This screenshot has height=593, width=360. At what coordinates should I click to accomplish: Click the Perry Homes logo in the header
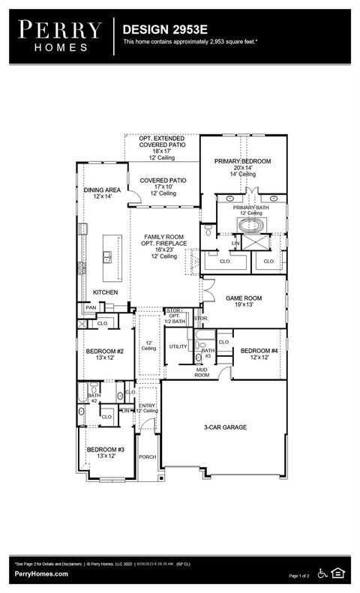point(59,34)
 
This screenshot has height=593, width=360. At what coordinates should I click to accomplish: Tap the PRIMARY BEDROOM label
point(242,161)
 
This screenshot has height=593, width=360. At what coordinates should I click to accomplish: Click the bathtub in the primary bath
point(251,225)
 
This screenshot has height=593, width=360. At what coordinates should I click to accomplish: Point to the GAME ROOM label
point(244,298)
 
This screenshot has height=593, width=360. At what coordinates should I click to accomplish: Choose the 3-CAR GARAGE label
point(225,427)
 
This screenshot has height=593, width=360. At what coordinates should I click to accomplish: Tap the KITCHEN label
point(105,292)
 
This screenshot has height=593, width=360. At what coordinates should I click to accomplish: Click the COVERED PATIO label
point(163,181)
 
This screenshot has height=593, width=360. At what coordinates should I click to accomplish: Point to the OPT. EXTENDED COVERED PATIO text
point(162,142)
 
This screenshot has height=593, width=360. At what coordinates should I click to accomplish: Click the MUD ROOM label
point(202,372)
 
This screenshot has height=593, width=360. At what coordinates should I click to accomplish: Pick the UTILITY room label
point(178,346)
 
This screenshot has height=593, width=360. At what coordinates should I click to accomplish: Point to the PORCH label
point(148,457)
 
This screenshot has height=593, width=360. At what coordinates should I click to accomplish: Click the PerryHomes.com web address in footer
point(41,574)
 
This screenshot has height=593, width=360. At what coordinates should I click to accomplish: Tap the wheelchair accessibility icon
point(323,574)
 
